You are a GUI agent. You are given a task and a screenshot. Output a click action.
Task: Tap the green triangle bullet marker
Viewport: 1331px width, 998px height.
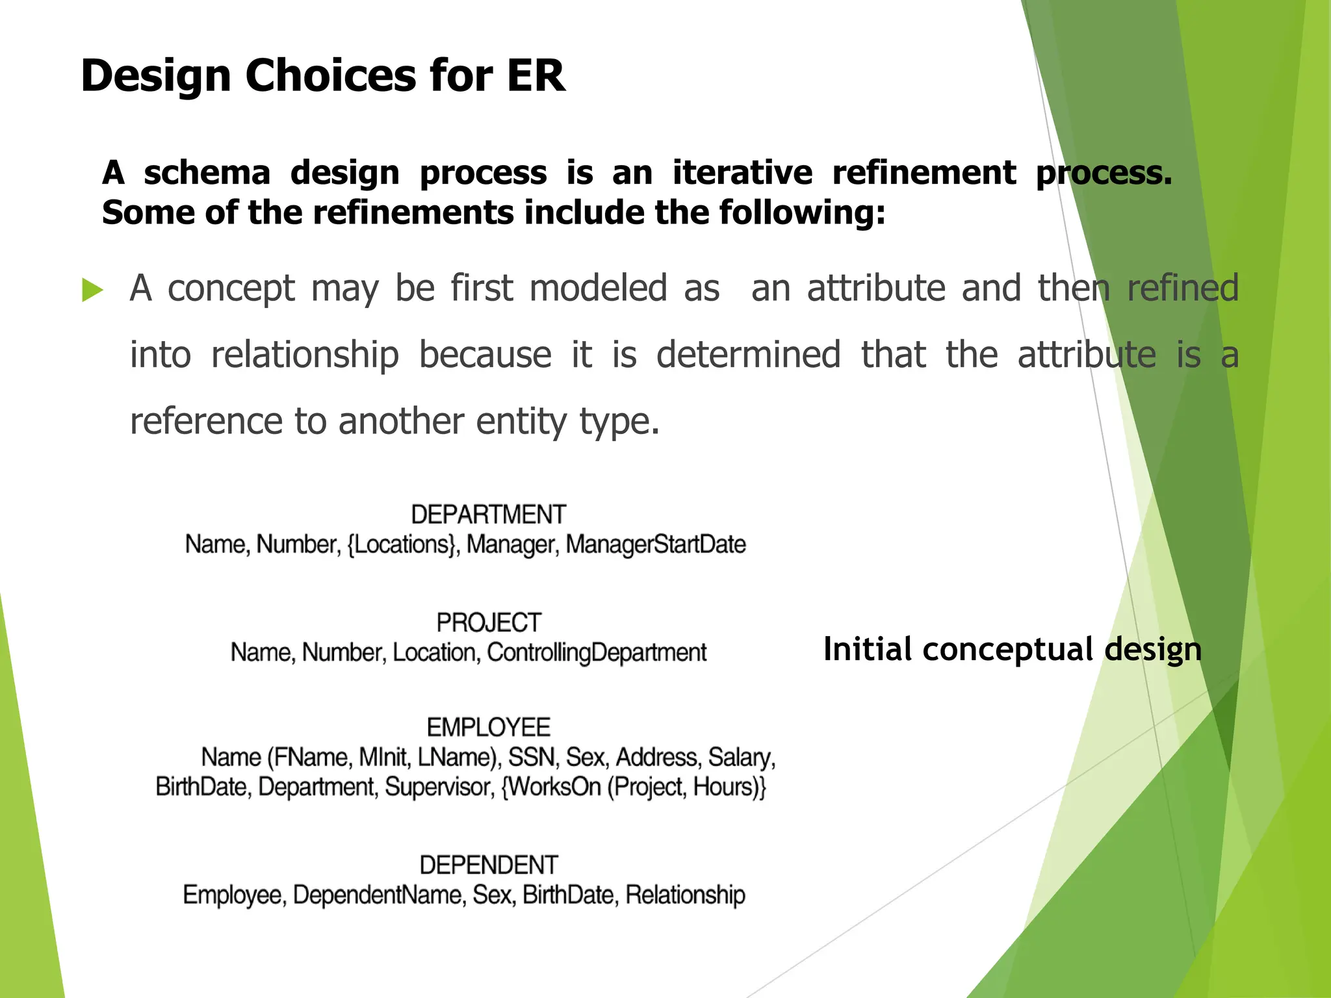pos(92,290)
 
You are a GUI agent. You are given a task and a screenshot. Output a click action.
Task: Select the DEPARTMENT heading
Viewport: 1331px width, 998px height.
pos(488,515)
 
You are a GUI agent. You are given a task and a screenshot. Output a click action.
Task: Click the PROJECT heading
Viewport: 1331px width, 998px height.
pos(488,622)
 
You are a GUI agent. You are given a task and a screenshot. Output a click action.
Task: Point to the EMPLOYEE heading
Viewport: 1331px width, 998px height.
pos(488,727)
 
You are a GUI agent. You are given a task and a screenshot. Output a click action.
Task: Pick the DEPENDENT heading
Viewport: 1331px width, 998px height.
pos(488,865)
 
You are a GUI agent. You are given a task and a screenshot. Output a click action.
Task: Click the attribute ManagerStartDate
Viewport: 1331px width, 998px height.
pos(655,544)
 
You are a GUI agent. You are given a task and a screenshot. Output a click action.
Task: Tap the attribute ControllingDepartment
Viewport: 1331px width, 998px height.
pos(596,652)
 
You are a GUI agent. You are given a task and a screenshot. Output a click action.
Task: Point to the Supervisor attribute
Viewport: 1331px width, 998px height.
pos(439,787)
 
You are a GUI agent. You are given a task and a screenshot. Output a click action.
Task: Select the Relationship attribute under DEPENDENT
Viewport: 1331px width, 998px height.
pos(685,895)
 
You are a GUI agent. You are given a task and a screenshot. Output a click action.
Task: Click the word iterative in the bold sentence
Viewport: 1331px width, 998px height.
pos(742,173)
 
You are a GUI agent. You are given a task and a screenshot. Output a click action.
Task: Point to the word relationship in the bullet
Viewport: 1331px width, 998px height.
pos(305,355)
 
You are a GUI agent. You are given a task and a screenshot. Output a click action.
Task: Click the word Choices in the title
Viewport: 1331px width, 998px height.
pos(331,76)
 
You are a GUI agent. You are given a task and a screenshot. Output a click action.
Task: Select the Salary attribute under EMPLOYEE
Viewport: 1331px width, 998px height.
pos(741,758)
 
